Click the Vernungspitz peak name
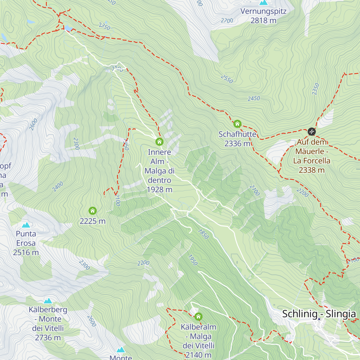[x=263, y=11]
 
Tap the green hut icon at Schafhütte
[x=237, y=124]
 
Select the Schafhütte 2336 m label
[x=237, y=139]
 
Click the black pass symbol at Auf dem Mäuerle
[x=312, y=131]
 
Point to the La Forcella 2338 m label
[x=312, y=165]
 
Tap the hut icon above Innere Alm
[x=159, y=142]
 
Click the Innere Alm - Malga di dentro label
[x=159, y=171]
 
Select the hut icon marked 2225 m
[x=93, y=211]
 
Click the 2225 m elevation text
[x=93, y=221]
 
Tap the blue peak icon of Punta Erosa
[x=26, y=225]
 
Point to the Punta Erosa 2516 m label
[x=26, y=243]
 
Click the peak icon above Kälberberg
[x=48, y=301]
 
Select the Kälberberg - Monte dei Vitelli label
[x=48, y=323]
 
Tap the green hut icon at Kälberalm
[x=198, y=316]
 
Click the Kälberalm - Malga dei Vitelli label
[x=198, y=341]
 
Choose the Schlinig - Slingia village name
[x=319, y=314]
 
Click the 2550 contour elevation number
[x=227, y=79]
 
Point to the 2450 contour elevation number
[x=254, y=98]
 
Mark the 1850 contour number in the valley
[x=203, y=234]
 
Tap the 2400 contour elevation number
[x=58, y=187]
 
